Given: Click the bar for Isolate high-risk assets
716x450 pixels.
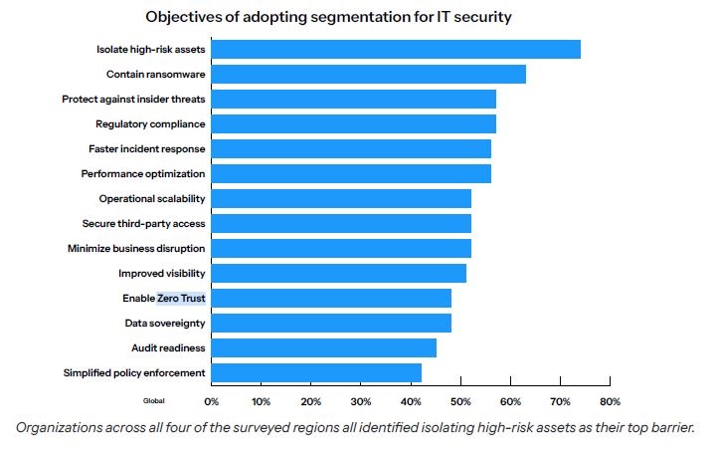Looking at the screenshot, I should [x=396, y=50].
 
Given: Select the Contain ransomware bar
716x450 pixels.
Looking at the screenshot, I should [x=369, y=75].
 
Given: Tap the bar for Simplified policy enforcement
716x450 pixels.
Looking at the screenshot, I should [x=316, y=373].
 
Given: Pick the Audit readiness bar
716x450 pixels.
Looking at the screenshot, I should [x=324, y=348].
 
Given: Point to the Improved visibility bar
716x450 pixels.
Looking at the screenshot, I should [x=339, y=274].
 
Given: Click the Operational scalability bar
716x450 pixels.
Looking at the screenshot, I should [x=341, y=199].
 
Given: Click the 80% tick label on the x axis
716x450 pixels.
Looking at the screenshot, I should [x=609, y=402].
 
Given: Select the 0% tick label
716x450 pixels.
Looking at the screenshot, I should [x=211, y=402].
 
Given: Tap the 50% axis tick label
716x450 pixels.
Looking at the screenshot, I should [x=460, y=402].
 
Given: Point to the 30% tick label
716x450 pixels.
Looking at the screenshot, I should [x=360, y=402].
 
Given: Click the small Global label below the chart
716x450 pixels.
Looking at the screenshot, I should [x=153, y=401].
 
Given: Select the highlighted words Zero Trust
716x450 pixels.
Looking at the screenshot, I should [x=181, y=299].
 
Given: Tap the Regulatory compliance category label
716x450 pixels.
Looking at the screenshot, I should [x=150, y=124].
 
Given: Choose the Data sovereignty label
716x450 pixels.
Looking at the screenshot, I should [x=164, y=324].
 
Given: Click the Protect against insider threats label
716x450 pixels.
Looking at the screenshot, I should [x=133, y=100].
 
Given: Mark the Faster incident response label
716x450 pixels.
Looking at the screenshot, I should [x=147, y=149].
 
